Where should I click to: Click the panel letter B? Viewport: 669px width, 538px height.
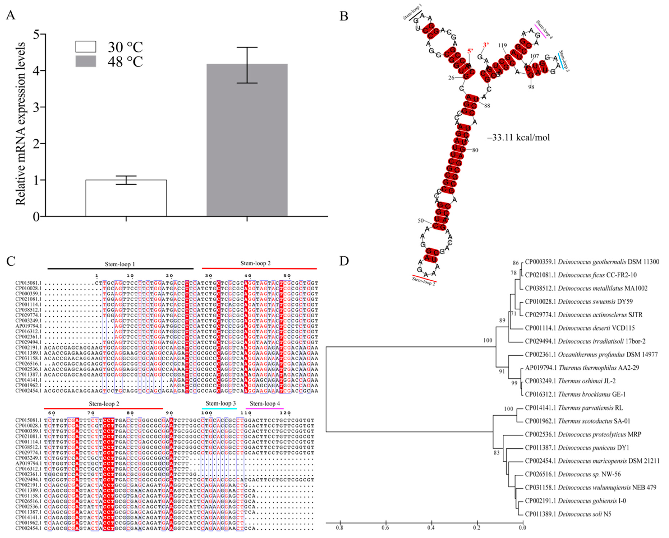tap(344, 16)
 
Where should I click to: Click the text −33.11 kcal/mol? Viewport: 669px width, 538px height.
tap(518, 137)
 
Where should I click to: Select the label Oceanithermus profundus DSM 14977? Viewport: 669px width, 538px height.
tap(591, 354)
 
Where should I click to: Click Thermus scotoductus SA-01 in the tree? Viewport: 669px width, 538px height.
tap(579, 421)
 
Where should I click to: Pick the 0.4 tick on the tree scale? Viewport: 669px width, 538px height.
tap(431, 528)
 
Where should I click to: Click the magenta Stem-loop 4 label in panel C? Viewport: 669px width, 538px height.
tap(265, 404)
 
